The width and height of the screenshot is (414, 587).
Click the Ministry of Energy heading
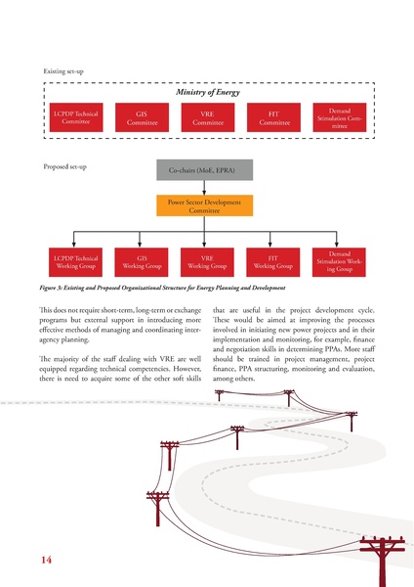point(206,93)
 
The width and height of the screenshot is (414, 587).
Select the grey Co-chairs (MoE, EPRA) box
point(205,171)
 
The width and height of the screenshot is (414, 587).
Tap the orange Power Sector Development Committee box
point(205,206)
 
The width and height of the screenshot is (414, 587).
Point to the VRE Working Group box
point(206,260)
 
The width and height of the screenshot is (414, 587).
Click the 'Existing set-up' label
point(65,72)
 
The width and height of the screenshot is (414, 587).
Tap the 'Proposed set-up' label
point(66,166)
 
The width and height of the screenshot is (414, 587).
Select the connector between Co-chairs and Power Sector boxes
point(205,189)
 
